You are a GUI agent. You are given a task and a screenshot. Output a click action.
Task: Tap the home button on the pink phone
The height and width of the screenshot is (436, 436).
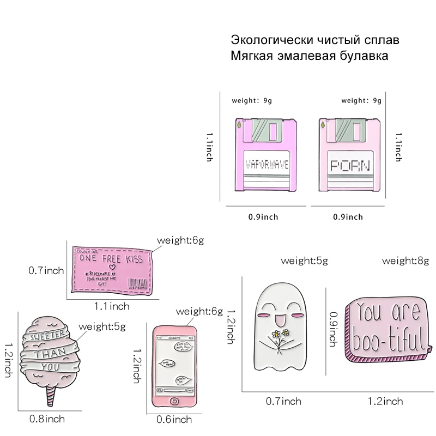pyautogui.click(x=174, y=401)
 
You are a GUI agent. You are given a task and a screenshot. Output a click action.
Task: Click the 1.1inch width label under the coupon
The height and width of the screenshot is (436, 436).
pyautogui.click(x=112, y=306)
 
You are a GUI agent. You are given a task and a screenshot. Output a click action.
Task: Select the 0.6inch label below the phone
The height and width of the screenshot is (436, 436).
pyautogui.click(x=174, y=419)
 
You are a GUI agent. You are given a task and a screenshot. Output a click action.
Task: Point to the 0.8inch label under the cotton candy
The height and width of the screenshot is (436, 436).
pyautogui.click(x=47, y=419)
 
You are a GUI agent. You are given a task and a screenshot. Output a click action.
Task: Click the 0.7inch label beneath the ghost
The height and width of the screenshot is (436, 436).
pyautogui.click(x=283, y=402)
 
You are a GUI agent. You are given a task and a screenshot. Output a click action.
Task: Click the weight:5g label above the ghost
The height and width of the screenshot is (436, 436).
pyautogui.click(x=304, y=261)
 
